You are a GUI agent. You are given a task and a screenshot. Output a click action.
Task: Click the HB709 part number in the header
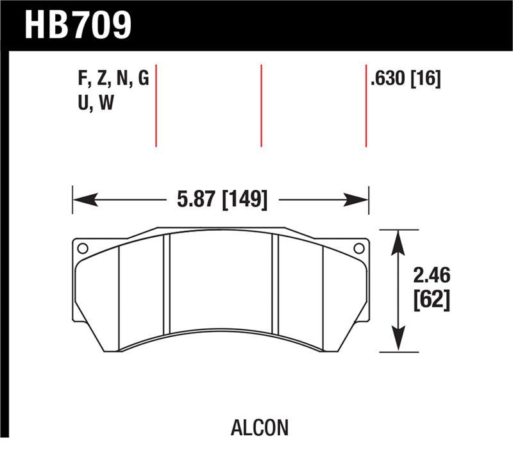pos(78,25)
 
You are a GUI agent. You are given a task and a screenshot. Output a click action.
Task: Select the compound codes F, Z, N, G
pos(113,79)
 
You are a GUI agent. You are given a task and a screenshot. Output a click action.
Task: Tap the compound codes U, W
pos(96,103)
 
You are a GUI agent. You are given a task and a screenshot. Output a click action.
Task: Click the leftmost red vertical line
pos(156,106)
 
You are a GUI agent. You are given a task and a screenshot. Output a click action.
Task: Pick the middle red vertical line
pos(261,106)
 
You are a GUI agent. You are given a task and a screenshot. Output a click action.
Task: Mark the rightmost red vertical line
pos(366,106)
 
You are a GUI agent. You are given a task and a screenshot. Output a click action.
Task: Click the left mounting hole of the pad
pos(81,249)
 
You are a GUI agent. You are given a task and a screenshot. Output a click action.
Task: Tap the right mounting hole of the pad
pos(359,248)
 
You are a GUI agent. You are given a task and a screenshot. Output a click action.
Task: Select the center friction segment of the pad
pos(221,282)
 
